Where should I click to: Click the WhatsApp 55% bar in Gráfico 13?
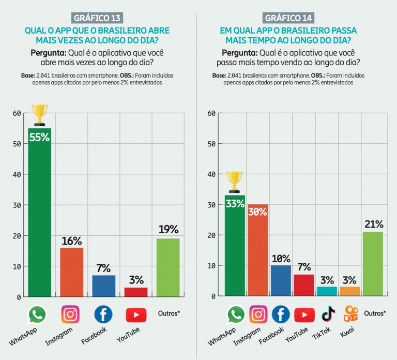pos(39,212)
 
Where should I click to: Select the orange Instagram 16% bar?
pos(72,272)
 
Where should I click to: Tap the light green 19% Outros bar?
pos(168,267)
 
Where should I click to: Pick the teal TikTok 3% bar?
pos(327,291)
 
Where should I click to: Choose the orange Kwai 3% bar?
pos(349,291)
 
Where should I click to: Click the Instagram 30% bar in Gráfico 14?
pos(258,250)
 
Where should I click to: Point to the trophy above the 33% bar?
pos(234,182)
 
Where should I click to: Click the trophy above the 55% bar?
pos(39,115)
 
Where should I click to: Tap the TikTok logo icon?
pos(328,313)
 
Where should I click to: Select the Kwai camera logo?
pos(350,313)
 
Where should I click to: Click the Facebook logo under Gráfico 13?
pos(103,314)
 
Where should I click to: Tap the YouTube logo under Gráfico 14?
pos(304,314)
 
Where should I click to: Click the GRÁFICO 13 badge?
pos(97,18)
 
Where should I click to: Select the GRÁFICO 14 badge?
pos(288,18)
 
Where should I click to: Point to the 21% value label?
pos(374,224)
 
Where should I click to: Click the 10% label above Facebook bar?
pos(281,259)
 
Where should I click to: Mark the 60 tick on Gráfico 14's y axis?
pos(211,113)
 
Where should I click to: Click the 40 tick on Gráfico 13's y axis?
pos(17,174)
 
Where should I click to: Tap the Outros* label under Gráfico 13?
pos(169,313)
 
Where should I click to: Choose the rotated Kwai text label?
pos(347,332)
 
